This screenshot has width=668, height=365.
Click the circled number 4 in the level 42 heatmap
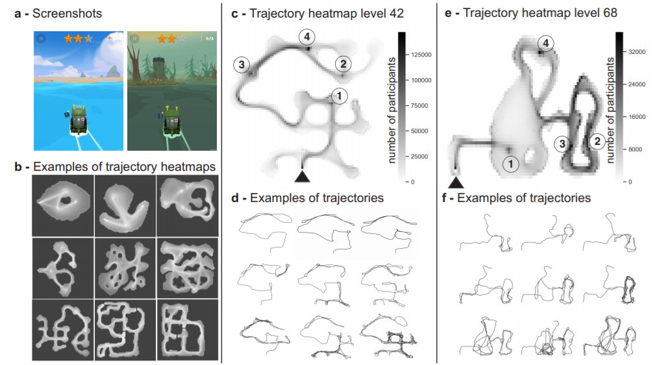click(x=308, y=36)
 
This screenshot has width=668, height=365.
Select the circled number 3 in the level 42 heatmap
click(x=241, y=64)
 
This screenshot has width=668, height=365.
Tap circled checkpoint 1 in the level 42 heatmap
click(x=338, y=96)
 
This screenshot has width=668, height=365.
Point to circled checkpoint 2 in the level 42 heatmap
click(x=343, y=63)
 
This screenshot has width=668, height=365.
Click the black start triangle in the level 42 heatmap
click(x=303, y=176)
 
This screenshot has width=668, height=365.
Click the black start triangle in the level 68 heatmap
click(x=455, y=182)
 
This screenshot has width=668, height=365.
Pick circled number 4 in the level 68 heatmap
click(x=547, y=44)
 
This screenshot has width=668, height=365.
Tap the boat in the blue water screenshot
click(x=79, y=120)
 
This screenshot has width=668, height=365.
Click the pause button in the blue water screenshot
click(x=42, y=39)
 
